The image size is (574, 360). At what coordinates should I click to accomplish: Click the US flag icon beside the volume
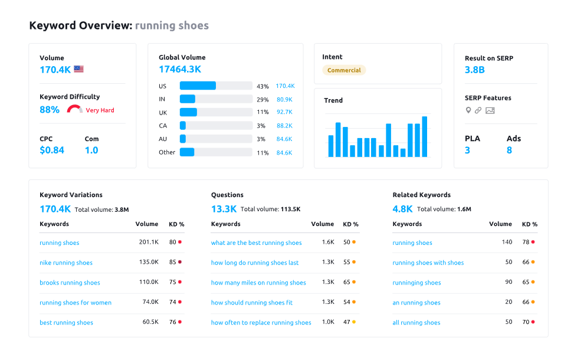click(x=78, y=69)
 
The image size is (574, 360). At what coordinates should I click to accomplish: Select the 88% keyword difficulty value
click(x=50, y=110)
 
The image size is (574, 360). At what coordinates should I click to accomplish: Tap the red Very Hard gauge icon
click(x=74, y=109)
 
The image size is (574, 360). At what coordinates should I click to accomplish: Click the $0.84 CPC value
click(x=52, y=150)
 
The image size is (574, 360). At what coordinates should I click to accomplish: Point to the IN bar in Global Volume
click(x=188, y=99)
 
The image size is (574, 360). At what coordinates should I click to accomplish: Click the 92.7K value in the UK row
click(x=284, y=112)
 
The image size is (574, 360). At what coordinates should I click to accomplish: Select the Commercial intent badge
click(x=344, y=70)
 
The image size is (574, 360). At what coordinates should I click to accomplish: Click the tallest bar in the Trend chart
click(x=424, y=136)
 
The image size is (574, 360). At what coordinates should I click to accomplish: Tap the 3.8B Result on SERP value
click(x=474, y=70)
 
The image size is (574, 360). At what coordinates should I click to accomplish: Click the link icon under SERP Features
click(x=478, y=110)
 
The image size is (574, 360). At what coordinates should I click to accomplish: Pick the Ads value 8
click(x=509, y=150)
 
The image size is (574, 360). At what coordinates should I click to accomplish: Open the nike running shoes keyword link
click(x=66, y=263)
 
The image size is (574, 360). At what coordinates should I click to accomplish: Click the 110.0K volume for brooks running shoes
click(x=148, y=283)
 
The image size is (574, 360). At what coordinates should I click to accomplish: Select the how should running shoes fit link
click(x=252, y=303)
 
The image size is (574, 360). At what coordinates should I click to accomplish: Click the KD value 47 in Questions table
click(x=347, y=323)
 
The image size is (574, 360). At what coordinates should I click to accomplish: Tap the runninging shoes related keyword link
click(x=416, y=283)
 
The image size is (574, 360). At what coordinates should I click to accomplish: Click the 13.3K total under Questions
click(x=224, y=209)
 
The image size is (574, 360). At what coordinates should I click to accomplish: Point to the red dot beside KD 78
click(x=533, y=242)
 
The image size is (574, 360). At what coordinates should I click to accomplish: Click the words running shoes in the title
click(x=172, y=25)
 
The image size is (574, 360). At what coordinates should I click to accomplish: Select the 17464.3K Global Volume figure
click(x=179, y=69)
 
